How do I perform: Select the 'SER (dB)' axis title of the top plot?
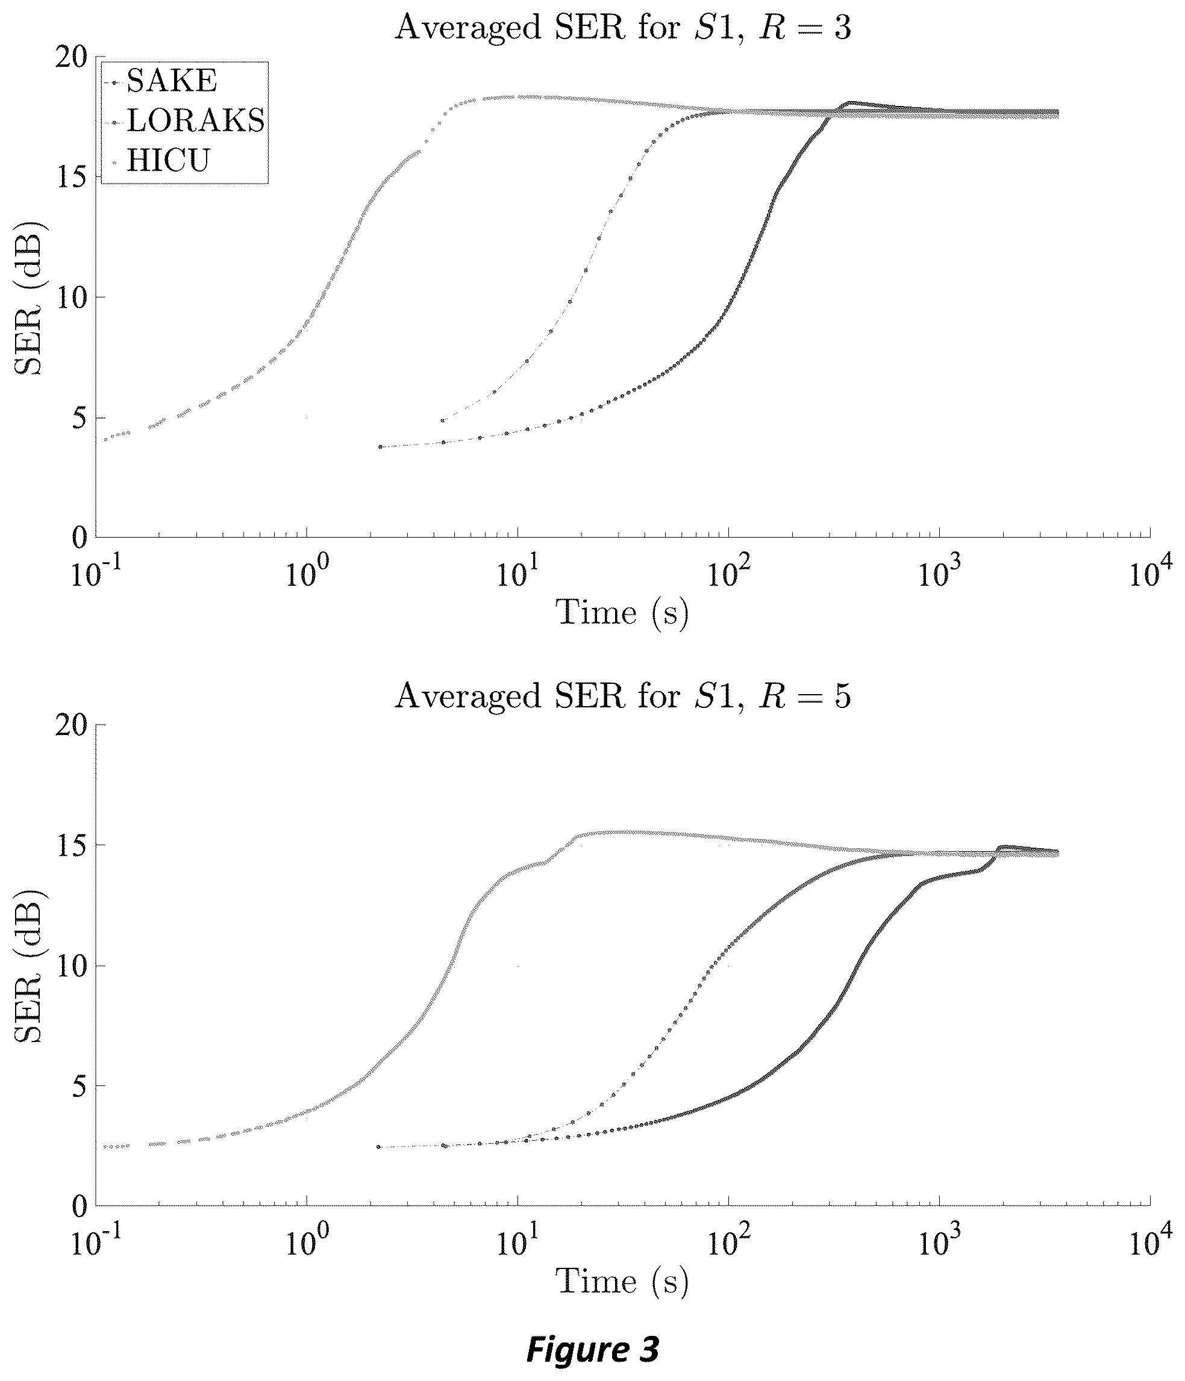[x=28, y=298]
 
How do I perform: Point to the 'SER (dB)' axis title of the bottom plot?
[x=28, y=966]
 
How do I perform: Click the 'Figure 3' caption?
[x=593, y=1348]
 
